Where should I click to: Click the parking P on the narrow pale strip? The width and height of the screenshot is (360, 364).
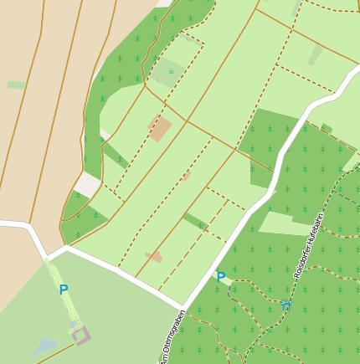64,290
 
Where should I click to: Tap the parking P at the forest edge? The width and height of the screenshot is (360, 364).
221,277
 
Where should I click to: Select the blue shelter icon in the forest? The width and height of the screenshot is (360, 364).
286,306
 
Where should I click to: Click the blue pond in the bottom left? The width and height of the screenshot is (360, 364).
45,345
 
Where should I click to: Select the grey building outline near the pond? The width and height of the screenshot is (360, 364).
81,336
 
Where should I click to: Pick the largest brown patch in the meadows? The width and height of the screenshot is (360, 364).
159,129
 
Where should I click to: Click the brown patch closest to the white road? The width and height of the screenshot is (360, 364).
154,257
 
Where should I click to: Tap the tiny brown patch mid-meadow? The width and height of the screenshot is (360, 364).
186,176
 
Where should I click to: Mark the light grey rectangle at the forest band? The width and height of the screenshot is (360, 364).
86,185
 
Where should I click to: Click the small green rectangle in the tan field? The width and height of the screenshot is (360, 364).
16,85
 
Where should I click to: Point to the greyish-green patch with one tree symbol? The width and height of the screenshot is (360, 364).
167,73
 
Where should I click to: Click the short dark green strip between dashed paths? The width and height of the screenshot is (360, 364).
195,221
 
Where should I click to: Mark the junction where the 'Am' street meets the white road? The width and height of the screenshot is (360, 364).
182,306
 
